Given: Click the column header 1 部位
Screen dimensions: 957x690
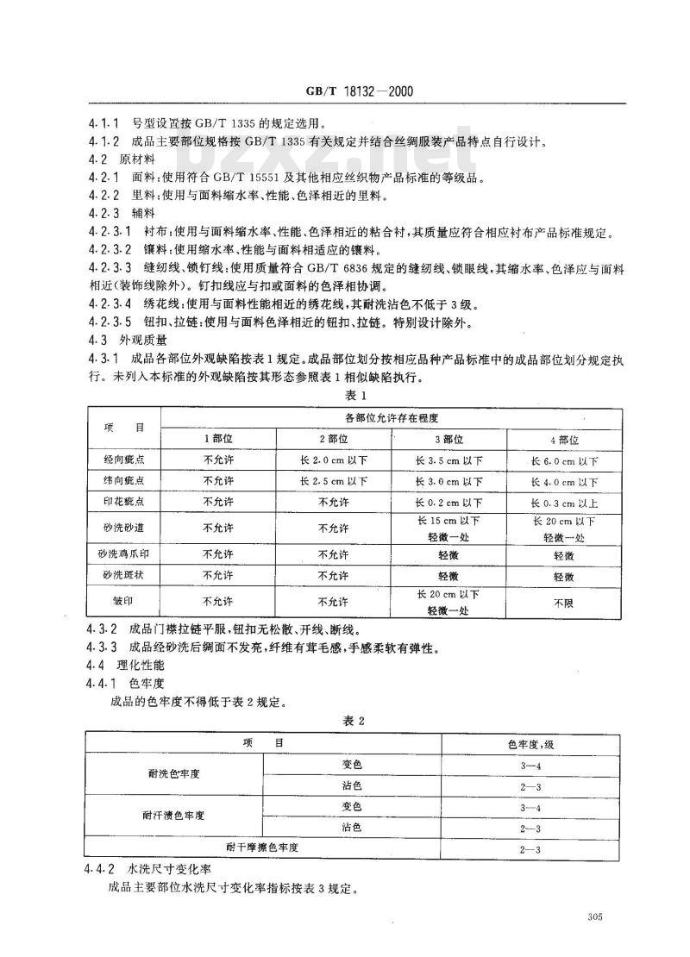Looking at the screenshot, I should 217,439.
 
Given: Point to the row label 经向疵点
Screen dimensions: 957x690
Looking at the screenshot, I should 123,460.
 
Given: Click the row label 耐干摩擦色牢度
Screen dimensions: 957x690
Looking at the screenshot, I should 263,848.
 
